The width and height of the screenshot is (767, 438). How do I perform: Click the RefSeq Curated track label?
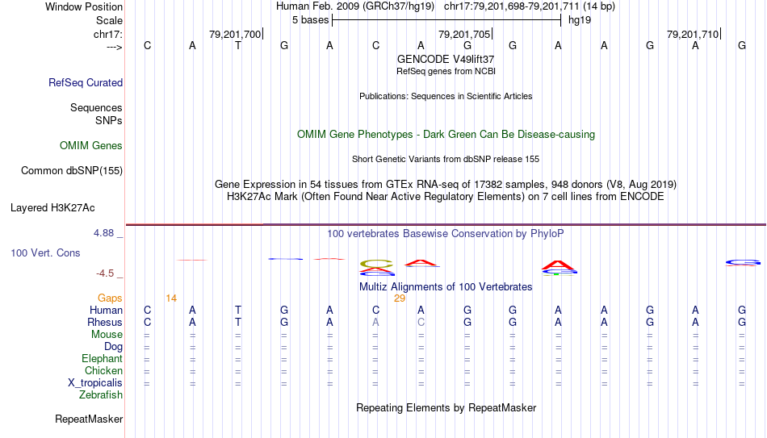coord(86,82)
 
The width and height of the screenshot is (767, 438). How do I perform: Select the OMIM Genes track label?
coord(91,146)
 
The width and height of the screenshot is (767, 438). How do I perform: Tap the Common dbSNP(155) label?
coord(72,171)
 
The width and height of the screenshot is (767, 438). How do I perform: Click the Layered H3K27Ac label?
coord(52,208)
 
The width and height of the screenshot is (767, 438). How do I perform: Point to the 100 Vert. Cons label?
coord(45,252)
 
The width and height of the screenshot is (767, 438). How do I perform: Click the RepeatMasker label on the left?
coord(89,419)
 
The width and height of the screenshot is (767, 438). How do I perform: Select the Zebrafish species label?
coord(101,394)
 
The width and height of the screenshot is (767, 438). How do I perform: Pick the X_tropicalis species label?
coord(95,383)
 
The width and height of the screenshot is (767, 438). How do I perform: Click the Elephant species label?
coord(102,358)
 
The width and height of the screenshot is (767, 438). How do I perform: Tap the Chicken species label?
coord(103,370)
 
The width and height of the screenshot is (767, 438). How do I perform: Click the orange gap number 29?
coord(400,298)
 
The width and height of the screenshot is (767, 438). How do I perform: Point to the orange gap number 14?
coord(171,298)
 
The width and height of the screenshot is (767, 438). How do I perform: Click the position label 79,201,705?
coord(464,34)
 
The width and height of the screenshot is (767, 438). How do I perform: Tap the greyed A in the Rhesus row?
coord(375,322)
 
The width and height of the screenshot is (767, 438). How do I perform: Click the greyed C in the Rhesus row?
coord(421,322)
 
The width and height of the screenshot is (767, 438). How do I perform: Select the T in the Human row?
coord(238,310)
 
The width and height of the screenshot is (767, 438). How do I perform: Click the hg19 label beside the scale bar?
coord(580,20)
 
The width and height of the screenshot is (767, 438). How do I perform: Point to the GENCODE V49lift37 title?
coord(446,59)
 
